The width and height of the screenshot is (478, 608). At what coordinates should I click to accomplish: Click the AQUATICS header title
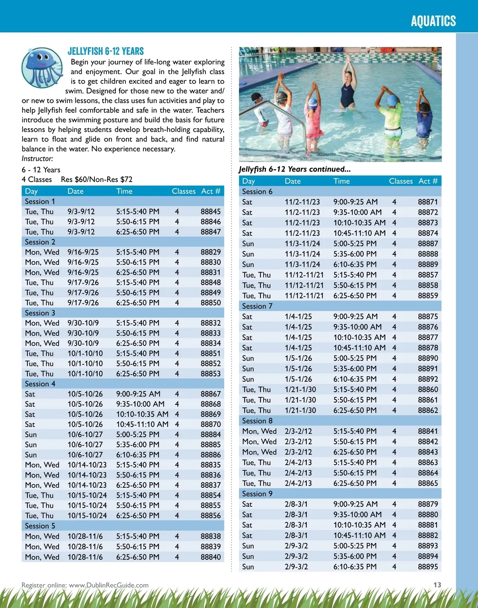click(433, 21)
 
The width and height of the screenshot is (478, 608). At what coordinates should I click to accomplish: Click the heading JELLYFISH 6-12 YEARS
click(106, 51)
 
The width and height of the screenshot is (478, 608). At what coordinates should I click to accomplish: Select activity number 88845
click(210, 211)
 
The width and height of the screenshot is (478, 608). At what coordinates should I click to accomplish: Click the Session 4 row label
click(40, 384)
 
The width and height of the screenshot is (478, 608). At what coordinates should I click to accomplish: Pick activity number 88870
click(210, 424)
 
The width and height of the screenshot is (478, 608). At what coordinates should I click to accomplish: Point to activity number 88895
click(428, 567)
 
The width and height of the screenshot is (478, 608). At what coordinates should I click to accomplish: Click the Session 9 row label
click(257, 494)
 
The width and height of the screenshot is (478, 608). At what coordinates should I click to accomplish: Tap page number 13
click(437, 585)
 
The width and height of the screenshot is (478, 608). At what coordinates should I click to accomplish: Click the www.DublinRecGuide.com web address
click(108, 585)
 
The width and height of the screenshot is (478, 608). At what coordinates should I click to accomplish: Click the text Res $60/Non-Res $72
click(96, 180)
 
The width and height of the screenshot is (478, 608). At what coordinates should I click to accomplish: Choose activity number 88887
click(428, 244)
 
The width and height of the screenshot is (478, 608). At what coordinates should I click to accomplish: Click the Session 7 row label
click(257, 306)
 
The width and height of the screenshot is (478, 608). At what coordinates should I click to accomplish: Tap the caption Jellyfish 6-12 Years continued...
click(295, 169)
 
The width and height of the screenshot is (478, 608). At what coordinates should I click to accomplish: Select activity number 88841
click(428, 431)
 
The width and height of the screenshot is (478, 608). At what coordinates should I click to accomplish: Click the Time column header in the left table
click(124, 191)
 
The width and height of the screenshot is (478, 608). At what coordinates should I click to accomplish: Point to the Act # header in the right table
click(428, 181)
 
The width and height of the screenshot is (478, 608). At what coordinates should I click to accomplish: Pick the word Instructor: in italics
click(37, 158)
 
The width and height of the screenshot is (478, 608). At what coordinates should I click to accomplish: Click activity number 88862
click(428, 411)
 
